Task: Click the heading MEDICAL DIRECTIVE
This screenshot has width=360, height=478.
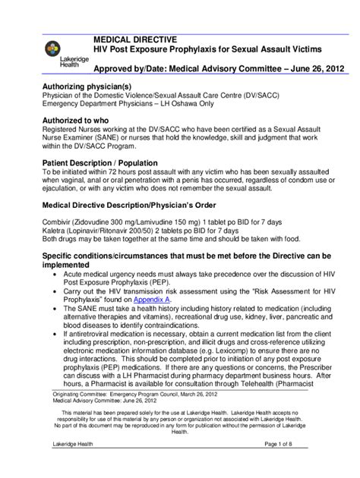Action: [134, 38]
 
